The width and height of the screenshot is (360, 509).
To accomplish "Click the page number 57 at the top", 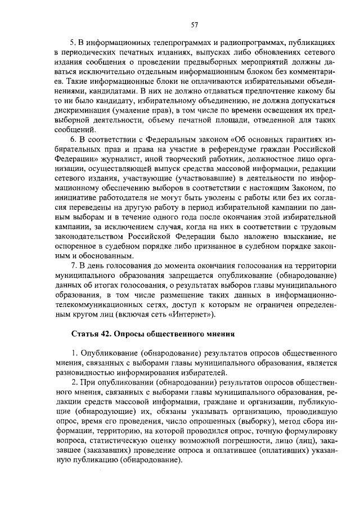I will [195, 24].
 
